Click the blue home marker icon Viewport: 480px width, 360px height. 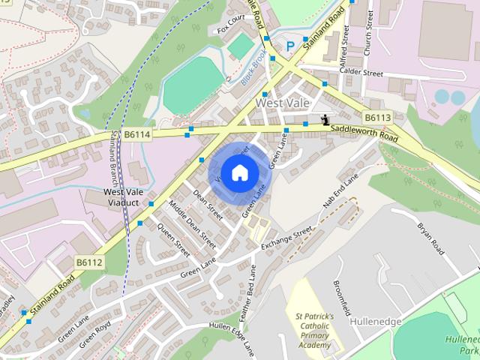pyautogui.click(x=238, y=172)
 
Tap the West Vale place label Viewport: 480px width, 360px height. pyautogui.click(x=284, y=102)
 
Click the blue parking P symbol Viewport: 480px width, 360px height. pyautogui.click(x=290, y=46)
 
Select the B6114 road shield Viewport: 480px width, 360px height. pyautogui.click(x=137, y=134)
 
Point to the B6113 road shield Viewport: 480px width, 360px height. pyautogui.click(x=378, y=118)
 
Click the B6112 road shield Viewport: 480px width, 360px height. pyautogui.click(x=88, y=262)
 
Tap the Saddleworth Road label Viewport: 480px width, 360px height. pyautogui.click(x=364, y=133)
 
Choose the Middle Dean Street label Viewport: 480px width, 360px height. pyautogui.click(x=192, y=224)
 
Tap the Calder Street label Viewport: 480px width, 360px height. pyautogui.click(x=362, y=73)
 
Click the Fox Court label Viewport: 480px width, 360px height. pyautogui.click(x=232, y=30)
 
